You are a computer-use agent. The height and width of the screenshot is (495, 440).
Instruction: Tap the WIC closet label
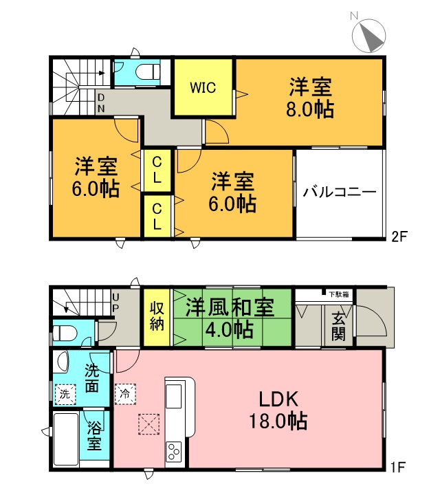pos(203,88)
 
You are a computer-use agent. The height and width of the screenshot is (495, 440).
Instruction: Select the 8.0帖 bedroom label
pos(310,98)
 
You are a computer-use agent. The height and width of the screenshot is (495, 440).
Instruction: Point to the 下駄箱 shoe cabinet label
pos(338,294)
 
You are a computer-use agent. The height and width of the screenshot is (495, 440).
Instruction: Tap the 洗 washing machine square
pos(63,395)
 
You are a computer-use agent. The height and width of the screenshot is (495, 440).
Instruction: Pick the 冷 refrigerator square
pos(125,394)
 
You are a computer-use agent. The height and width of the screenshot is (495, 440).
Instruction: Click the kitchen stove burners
pos(173,453)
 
